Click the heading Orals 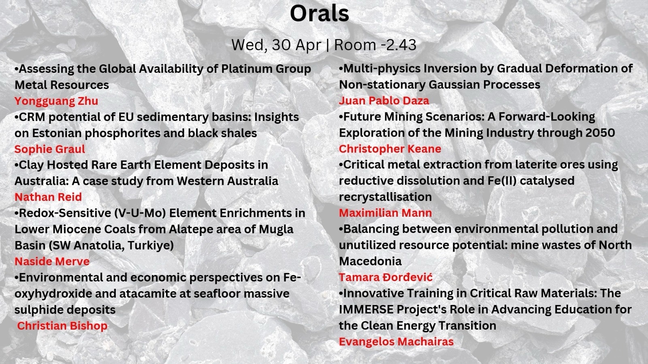point(320,14)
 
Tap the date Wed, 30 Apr point(276,45)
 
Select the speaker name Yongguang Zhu point(56,102)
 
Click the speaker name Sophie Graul point(50,149)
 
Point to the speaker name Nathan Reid point(48,197)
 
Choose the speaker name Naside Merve point(52,261)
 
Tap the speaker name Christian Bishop point(62,326)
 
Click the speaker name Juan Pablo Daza point(384,101)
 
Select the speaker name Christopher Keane point(390,149)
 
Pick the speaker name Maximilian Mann point(385,213)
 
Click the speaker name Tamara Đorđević point(386,277)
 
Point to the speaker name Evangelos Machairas point(396,342)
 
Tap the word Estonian point(57,133)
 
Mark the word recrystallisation point(385,197)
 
